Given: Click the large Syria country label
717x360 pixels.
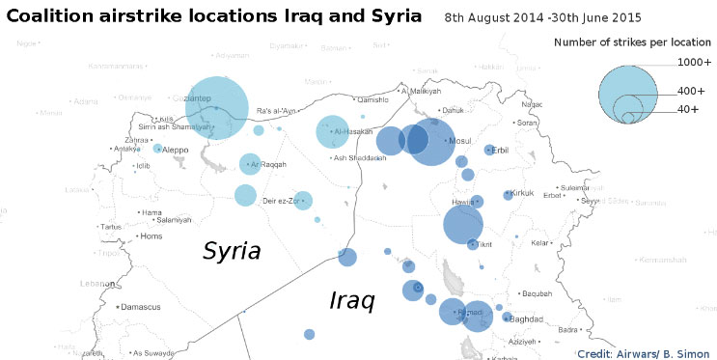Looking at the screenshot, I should click(232, 251).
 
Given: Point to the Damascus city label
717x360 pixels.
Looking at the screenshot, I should click(142, 306).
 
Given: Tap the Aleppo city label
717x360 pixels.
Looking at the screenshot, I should click(176, 150).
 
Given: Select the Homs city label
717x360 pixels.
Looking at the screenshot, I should click(152, 236).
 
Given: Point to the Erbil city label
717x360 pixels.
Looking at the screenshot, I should click(500, 151).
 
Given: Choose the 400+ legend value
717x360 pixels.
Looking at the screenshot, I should click(691, 91).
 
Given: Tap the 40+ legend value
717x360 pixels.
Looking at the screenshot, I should click(688, 109).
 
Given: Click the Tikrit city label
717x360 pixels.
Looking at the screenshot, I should click(484, 244).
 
